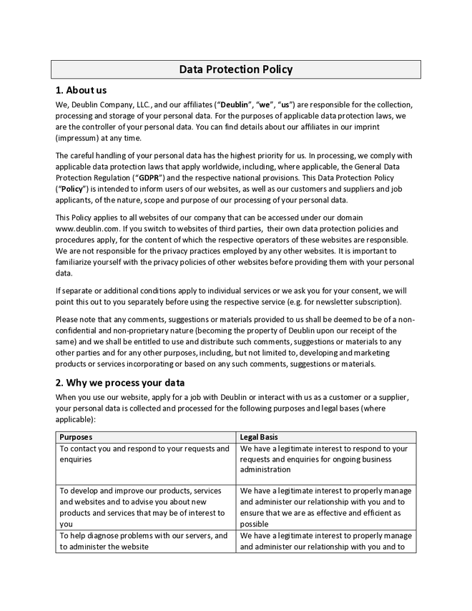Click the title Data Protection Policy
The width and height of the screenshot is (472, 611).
(235, 69)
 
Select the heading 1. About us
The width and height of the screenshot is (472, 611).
(81, 90)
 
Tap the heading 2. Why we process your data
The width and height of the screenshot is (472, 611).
(120, 382)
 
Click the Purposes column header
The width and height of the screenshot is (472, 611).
(76, 436)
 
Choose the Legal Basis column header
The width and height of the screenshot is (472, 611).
(259, 436)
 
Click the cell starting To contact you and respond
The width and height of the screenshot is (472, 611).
(144, 454)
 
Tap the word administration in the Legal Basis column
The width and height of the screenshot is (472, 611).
(265, 470)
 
